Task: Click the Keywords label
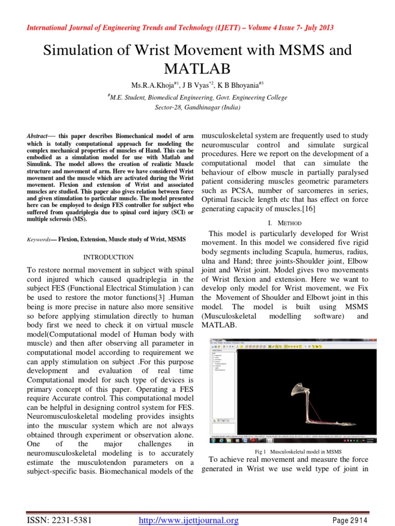[x=39, y=239]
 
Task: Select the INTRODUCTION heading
[x=108, y=257]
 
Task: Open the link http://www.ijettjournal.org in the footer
[x=189, y=521]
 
